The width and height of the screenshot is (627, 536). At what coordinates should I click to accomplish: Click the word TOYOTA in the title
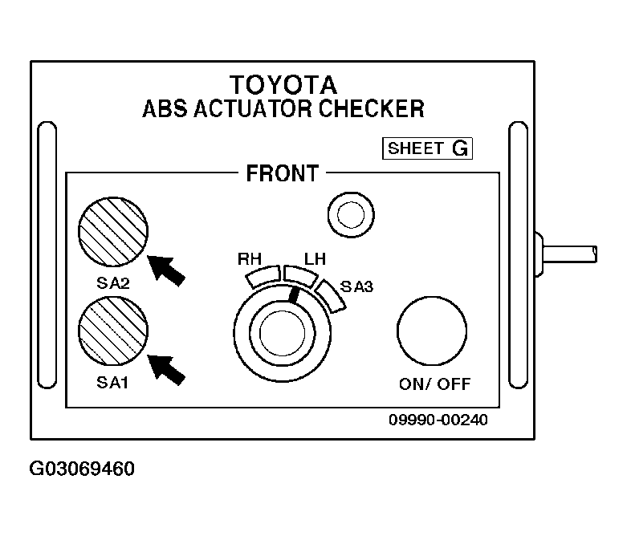tap(283, 85)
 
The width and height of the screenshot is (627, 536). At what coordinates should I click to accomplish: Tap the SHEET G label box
tap(427, 148)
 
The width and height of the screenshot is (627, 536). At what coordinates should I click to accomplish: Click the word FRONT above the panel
tap(283, 173)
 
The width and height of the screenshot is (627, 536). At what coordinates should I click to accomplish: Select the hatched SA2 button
tap(113, 231)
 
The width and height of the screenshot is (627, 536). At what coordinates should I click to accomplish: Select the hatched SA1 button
tap(113, 331)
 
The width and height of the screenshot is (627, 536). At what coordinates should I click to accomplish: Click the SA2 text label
tap(113, 283)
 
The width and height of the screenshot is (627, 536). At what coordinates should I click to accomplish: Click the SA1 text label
tap(112, 383)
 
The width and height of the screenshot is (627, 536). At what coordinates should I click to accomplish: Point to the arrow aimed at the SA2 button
tap(166, 270)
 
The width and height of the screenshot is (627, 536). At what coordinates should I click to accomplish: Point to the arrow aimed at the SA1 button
tap(166, 370)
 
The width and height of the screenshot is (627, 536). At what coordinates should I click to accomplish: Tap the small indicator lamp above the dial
tap(351, 214)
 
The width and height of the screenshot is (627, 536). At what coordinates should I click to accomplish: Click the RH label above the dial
tap(250, 259)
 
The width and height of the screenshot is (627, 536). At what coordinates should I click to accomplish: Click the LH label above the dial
tap(315, 259)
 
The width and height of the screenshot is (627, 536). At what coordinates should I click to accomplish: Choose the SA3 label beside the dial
tap(356, 286)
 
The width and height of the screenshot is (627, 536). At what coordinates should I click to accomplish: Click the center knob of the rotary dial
tap(283, 333)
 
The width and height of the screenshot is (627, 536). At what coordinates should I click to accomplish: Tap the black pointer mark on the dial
tap(294, 294)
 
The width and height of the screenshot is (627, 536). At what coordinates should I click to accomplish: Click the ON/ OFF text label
tap(434, 384)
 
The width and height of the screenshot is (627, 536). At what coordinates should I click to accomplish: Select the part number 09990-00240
tap(438, 420)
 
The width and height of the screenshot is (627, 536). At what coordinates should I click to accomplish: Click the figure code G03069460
tap(82, 469)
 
